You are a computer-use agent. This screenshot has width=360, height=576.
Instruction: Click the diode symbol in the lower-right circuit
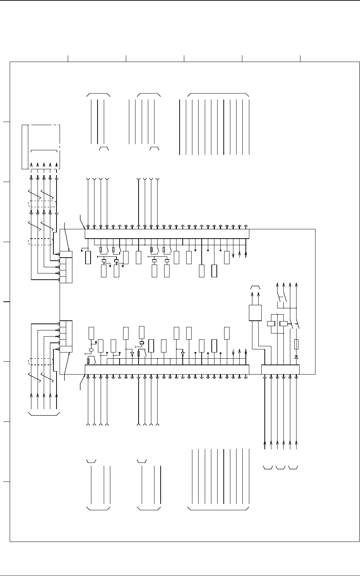pyautogui.click(x=296, y=357)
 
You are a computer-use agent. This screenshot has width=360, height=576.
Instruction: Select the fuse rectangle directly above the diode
pyautogui.click(x=296, y=344)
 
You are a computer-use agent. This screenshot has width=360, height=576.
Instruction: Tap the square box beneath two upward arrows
pyautogui.click(x=255, y=313)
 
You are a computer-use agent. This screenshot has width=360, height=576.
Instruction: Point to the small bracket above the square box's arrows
pyautogui.click(x=255, y=287)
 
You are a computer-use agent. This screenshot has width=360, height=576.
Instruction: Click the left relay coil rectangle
pyautogui.click(x=271, y=323)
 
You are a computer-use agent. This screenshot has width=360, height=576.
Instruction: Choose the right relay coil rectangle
pyautogui.click(x=284, y=323)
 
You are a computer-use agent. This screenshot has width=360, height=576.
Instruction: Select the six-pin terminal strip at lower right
pyautogui.click(x=280, y=370)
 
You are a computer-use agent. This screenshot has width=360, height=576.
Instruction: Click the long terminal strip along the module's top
pyautogui.click(x=166, y=234)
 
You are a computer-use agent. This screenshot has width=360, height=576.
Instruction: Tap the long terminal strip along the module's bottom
pyautogui.click(x=166, y=370)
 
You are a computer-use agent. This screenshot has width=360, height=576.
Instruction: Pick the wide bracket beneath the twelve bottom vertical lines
pyautogui.click(x=218, y=509)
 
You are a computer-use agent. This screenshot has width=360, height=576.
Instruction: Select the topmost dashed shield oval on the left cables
pyautogui.click(x=42, y=205)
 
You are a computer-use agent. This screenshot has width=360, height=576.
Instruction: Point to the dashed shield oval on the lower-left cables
pyautogui.click(x=41, y=361)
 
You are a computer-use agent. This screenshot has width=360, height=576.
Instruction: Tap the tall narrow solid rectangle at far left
pyautogui.click(x=25, y=147)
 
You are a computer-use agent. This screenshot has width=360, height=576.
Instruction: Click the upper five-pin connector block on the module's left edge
pyautogui.click(x=66, y=267)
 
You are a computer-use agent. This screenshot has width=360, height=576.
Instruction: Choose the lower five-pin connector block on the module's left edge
pyautogui.click(x=66, y=336)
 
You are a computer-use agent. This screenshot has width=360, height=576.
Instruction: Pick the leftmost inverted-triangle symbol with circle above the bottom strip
pyautogui.click(x=132, y=354)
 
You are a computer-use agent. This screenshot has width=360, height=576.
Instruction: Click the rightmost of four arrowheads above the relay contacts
pyautogui.click(x=297, y=285)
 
